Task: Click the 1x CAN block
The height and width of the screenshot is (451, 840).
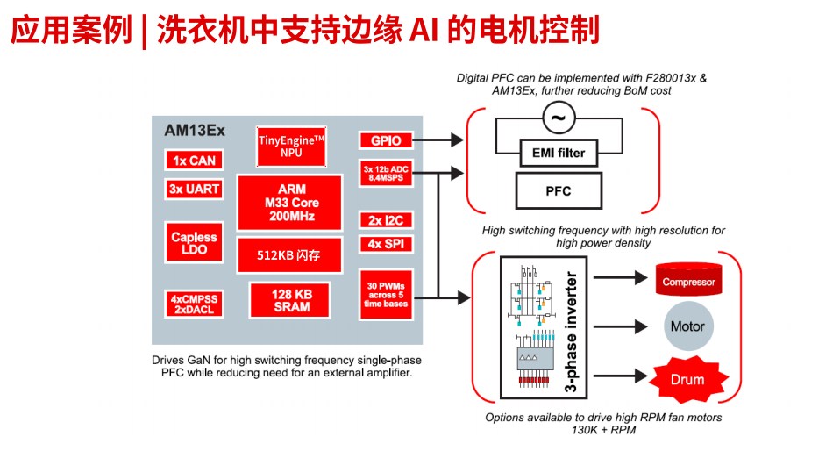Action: (193, 161)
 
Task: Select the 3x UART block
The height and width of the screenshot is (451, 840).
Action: (193, 189)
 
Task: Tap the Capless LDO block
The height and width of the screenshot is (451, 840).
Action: (193, 244)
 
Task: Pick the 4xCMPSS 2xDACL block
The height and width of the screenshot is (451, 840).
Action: (193, 304)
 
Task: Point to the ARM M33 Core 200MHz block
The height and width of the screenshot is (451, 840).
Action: (289, 203)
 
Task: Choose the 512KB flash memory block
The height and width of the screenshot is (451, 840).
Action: (289, 255)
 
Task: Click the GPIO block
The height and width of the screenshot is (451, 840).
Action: (386, 140)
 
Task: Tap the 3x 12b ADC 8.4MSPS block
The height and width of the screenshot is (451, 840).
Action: (386, 173)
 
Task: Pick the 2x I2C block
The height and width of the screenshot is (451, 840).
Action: (386, 220)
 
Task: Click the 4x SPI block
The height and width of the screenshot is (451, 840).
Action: (386, 244)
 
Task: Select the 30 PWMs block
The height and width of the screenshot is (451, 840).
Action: (386, 294)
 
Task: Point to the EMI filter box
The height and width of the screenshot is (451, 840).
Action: (559, 154)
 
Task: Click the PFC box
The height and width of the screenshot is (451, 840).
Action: (559, 190)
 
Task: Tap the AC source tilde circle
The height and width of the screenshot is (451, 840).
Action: (558, 117)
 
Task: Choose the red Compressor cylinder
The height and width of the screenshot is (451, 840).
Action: (688, 280)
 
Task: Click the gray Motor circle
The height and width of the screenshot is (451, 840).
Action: (687, 326)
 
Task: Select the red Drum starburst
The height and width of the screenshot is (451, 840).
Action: (688, 378)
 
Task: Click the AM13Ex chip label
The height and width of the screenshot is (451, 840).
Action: (195, 130)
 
